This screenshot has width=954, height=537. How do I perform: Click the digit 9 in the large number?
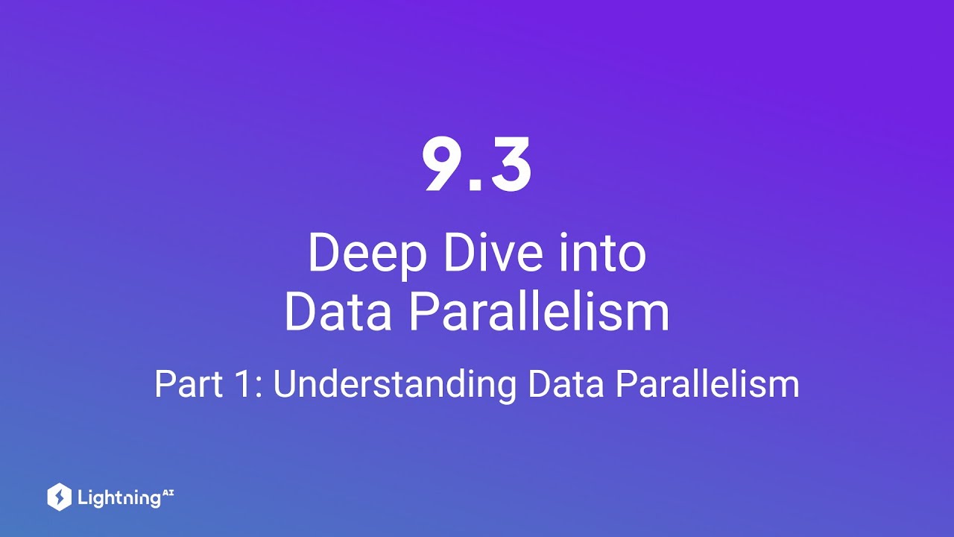point(444,165)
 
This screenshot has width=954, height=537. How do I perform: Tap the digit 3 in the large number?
point(508,165)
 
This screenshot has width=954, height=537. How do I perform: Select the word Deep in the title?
point(367,254)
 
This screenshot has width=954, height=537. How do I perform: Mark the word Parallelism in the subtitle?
point(708,385)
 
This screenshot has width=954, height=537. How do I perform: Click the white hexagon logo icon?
point(59,497)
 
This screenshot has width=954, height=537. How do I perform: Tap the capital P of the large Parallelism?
point(421,313)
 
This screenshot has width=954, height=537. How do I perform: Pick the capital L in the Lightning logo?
point(82,497)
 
